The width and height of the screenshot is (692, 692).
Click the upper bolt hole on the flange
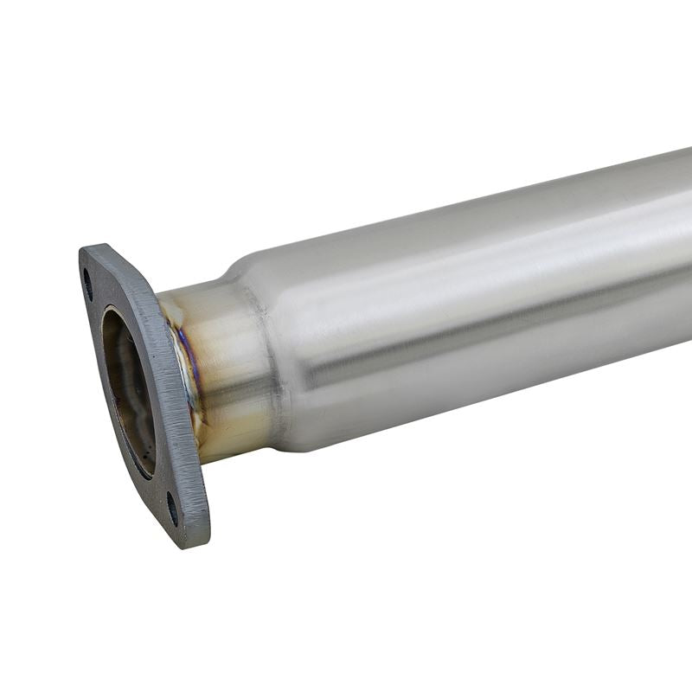click(88, 284)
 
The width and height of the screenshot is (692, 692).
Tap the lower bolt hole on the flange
click(172, 508)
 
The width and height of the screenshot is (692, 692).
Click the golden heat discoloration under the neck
click(229, 432)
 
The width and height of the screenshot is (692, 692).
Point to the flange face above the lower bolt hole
click(164, 484)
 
